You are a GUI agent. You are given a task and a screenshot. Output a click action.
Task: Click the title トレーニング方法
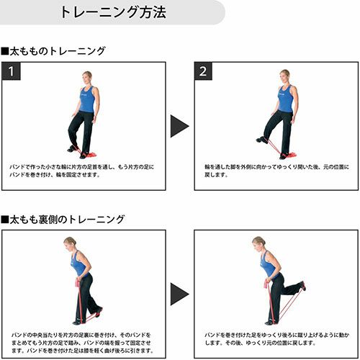pos(113,12)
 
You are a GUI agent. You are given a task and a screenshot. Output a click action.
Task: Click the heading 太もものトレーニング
pos(53,51)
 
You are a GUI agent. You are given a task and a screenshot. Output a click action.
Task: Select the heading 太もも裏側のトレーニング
pos(63,220)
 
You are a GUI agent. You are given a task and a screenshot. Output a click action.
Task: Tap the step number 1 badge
pos(11,71)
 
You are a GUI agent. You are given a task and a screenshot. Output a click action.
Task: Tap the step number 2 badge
pos(203,71)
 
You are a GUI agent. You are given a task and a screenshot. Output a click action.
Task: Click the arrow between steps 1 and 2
pos(179,126)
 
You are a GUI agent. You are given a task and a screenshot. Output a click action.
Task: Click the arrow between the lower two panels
pos(179,294)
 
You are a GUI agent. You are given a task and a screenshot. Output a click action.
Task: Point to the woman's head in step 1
pos(87,77)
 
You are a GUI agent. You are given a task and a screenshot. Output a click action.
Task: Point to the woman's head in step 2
pos(284,76)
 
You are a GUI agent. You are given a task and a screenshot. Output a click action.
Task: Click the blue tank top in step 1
pos(87,99)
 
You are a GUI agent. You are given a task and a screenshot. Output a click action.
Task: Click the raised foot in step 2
pos(262,140)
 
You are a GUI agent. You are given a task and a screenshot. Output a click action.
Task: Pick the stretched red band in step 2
pos(274,147)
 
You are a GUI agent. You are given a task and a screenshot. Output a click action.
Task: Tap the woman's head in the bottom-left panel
pos(70,243)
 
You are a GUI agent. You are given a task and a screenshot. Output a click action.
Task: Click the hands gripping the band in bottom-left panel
pos(78,282)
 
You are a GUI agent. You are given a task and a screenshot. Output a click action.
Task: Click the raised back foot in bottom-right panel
pos(303,286)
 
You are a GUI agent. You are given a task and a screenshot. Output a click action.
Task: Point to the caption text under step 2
pos(276,171)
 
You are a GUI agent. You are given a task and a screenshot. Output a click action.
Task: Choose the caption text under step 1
pos(82,171)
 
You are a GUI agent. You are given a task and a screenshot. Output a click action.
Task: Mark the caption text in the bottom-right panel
pos(276,338)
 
